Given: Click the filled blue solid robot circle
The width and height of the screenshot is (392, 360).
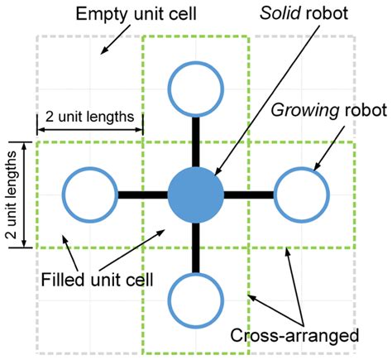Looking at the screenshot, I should click(x=196, y=195).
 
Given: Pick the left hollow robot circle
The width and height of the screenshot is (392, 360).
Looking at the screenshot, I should click(x=88, y=195).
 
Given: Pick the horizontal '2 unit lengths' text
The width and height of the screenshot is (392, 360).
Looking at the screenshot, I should click(x=88, y=116).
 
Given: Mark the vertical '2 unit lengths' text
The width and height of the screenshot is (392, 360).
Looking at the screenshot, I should click(x=14, y=195).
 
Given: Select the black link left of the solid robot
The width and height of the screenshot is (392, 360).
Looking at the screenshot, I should click(x=141, y=195).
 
